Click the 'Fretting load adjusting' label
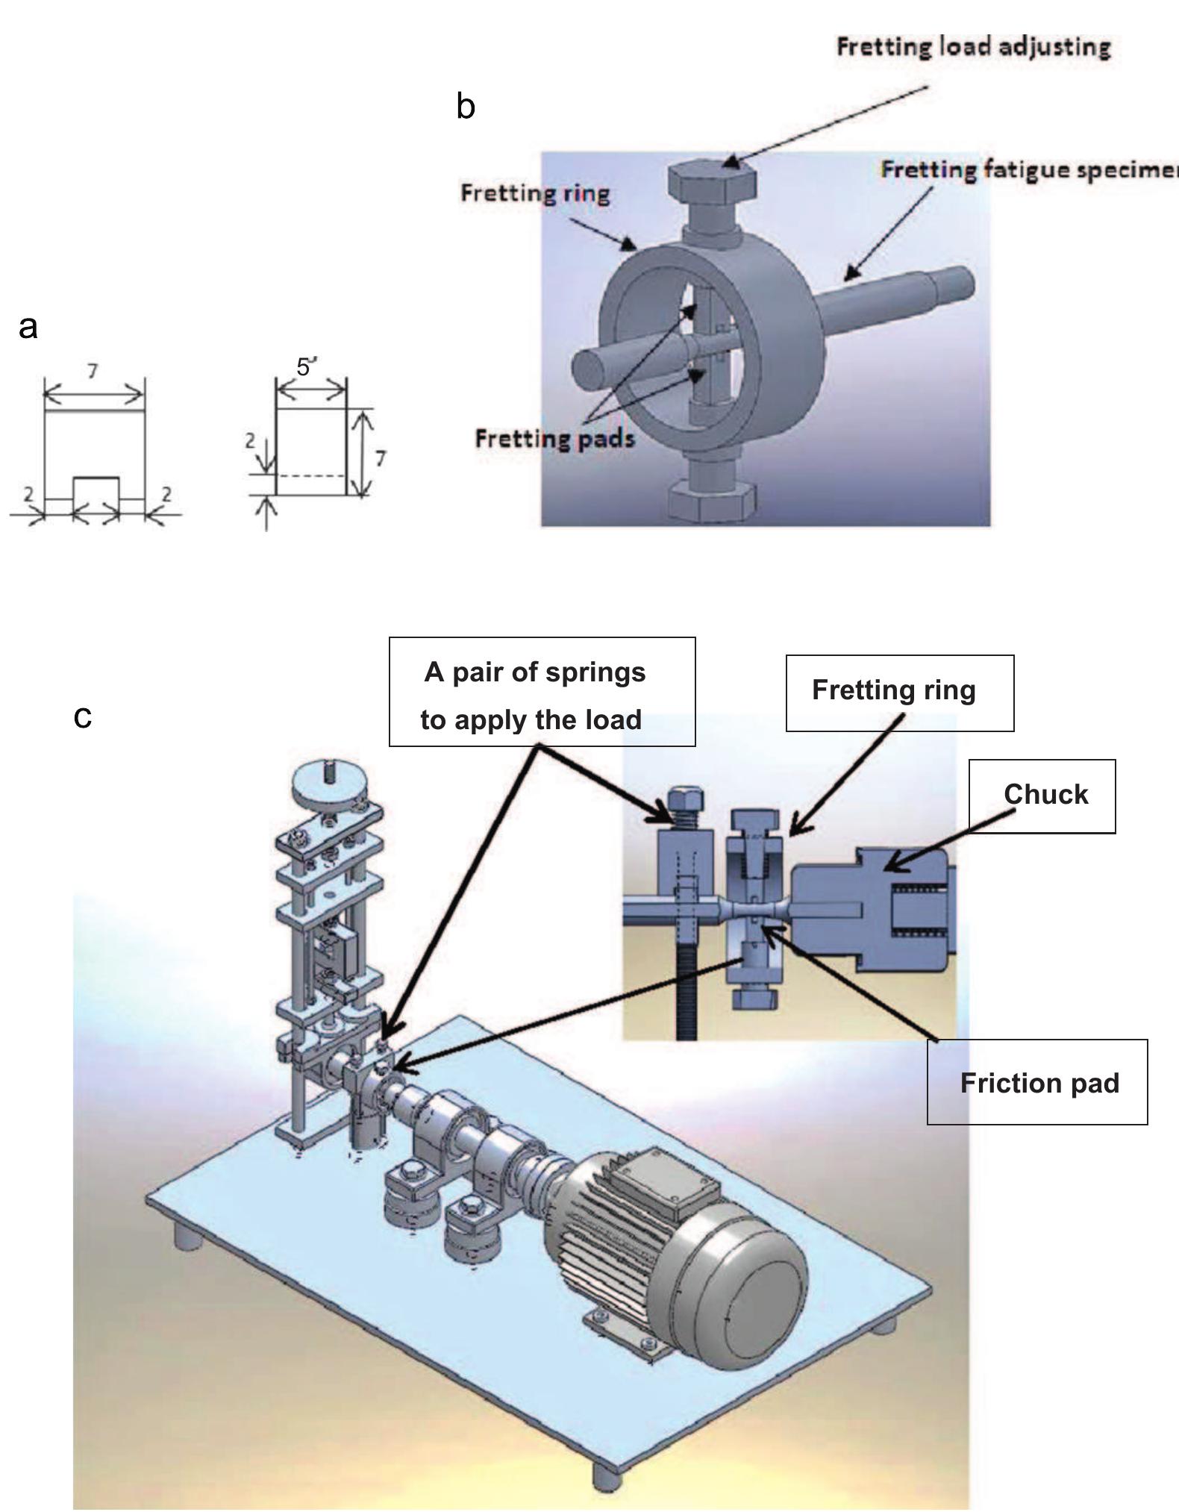pos(973,47)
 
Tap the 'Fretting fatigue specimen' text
pos(1028,170)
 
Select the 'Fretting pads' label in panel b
pos(554,438)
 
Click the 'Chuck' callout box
pos(1042,796)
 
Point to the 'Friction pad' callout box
pos(1037,1082)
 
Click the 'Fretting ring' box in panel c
pos(899,693)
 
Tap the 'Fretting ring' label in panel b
pos(535,193)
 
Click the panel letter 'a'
pos(28,327)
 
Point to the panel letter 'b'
pos(466,107)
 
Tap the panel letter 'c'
pos(83,716)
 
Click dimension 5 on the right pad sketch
pos(304,367)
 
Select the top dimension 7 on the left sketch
pos(93,370)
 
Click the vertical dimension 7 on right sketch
pos(381,457)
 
